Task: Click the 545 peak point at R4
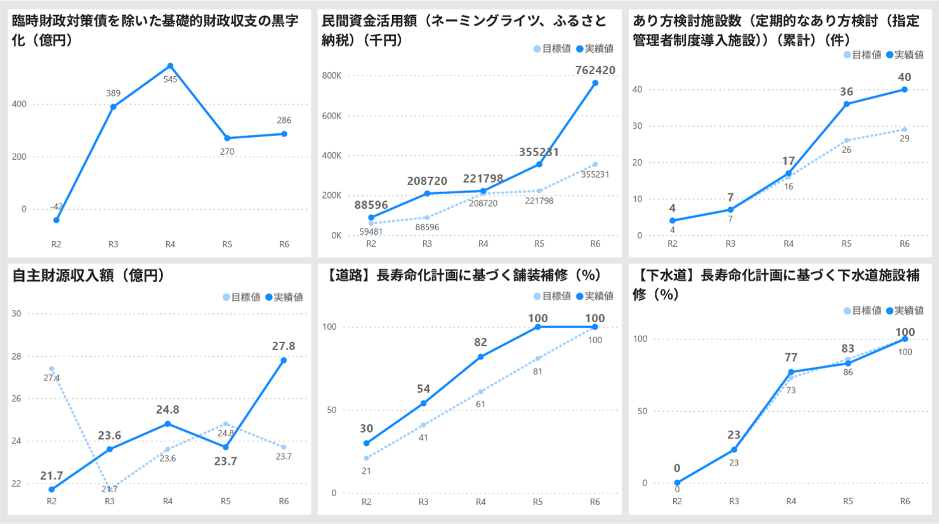[170, 66]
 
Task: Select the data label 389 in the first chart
[113, 93]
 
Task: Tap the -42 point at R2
[56, 220]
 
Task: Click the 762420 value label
[594, 70]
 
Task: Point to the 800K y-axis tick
[331, 75]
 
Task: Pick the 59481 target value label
[371, 232]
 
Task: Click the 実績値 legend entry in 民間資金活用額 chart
[594, 49]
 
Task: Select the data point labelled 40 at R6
[904, 89]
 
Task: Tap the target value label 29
[904, 138]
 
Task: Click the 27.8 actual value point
[284, 360]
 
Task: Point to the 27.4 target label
[51, 378]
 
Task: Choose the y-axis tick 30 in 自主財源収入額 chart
[16, 313]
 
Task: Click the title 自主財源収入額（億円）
[89, 275]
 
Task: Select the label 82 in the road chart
[480, 343]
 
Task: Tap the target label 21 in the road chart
[366, 471]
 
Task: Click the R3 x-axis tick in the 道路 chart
[423, 502]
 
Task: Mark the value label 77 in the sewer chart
[791, 358]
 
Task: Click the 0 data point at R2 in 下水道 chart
[677, 483]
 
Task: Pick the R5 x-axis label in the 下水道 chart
[848, 501]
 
